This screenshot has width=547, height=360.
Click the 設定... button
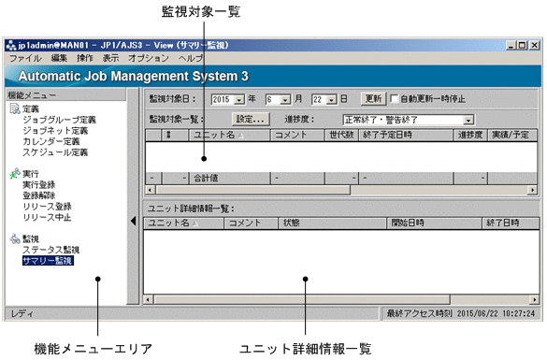(x=251, y=120)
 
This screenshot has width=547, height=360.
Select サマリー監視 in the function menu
(x=49, y=261)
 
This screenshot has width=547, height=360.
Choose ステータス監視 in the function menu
(x=50, y=250)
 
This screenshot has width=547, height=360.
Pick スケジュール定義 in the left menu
(x=55, y=152)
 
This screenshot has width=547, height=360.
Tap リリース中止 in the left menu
(x=47, y=218)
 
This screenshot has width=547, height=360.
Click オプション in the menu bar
(x=149, y=58)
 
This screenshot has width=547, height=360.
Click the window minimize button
(x=510, y=44)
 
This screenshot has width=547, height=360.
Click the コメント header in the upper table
(x=288, y=136)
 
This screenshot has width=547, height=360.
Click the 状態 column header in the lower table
(x=291, y=223)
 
